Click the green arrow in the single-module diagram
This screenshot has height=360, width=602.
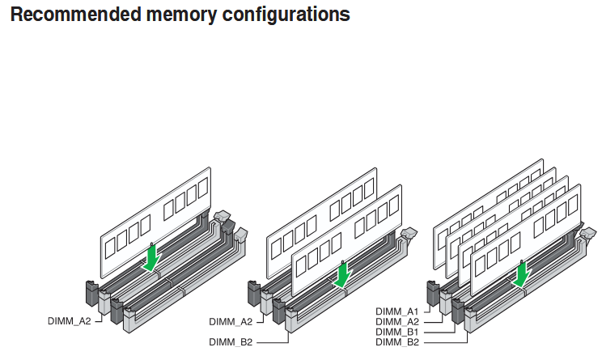point(151,258)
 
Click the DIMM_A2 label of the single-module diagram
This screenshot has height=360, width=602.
point(69,321)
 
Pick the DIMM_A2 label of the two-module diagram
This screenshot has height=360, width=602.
point(231,321)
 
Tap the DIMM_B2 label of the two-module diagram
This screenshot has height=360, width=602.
point(231,342)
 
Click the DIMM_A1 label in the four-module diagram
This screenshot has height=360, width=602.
point(396,311)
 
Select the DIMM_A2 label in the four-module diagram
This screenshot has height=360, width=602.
point(396,322)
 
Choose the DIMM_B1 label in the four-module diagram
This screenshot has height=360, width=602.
point(396,332)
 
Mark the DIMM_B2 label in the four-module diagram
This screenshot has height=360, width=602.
point(396,342)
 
